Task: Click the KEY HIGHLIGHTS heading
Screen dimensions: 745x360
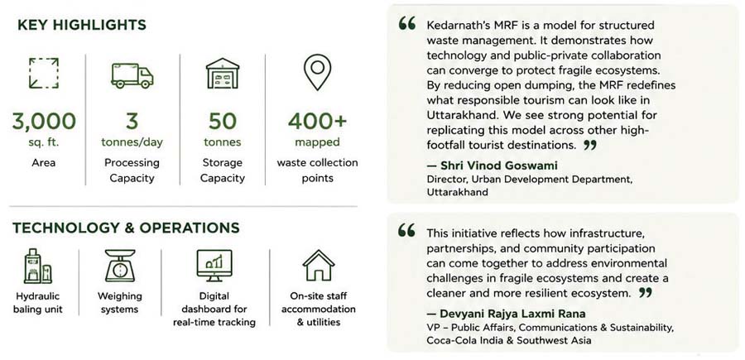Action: [x=82, y=25]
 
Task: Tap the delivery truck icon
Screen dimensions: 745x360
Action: [x=132, y=75]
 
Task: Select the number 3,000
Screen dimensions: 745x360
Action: [x=44, y=121]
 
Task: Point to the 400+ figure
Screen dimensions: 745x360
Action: [x=317, y=121]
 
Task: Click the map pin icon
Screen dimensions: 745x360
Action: [x=317, y=72]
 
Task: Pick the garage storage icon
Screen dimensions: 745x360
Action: [x=223, y=73]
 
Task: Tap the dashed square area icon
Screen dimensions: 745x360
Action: [x=44, y=73]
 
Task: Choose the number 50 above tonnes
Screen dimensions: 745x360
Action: [x=223, y=121]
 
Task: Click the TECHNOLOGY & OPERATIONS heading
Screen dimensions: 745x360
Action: [x=126, y=228]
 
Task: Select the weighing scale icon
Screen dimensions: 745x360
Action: [x=120, y=266]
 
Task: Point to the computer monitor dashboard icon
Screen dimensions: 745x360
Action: [x=214, y=266]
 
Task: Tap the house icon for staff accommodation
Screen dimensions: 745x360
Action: [x=319, y=265]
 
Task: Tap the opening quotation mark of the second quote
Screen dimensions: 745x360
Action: [x=406, y=231]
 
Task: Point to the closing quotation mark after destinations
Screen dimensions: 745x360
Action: [x=589, y=145]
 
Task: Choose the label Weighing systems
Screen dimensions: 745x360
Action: [x=120, y=303]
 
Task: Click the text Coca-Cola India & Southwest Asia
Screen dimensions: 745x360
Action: [x=509, y=340]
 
